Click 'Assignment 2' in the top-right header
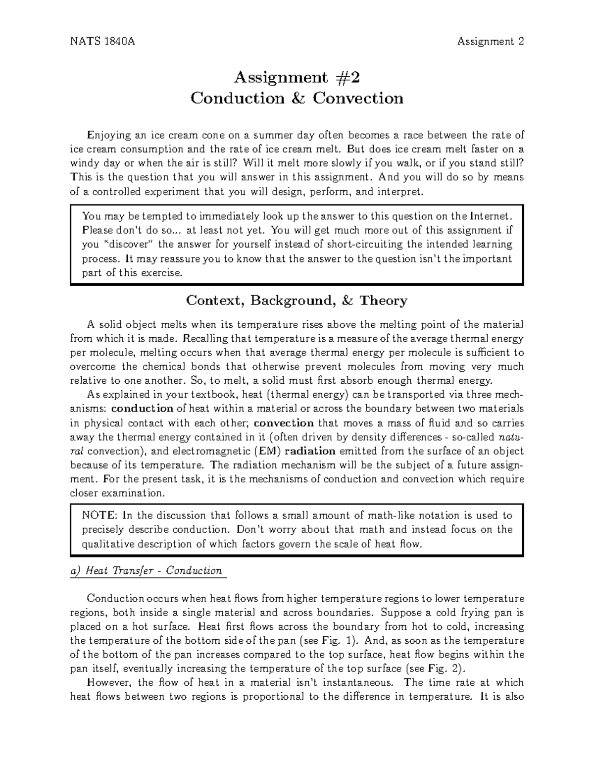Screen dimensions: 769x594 click(491, 42)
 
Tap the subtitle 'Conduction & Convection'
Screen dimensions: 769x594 click(297, 99)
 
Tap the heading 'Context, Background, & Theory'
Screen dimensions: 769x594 click(297, 301)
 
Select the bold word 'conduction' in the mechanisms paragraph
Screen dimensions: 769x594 click(142, 409)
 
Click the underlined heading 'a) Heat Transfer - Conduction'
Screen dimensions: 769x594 click(147, 571)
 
